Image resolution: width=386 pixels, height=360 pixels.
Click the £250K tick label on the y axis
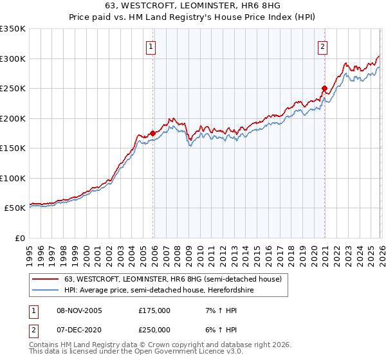tap(13, 88)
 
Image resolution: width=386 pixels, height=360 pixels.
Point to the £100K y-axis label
tap(13, 178)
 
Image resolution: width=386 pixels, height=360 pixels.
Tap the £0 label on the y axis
tap(19, 238)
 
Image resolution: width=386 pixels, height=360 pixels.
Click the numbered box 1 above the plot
tap(151, 46)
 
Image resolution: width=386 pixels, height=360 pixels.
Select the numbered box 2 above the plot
tap(322, 46)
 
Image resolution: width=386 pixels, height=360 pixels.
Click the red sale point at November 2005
tap(152, 133)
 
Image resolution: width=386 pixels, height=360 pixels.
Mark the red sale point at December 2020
tap(324, 88)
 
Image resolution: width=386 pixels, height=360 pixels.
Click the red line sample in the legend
tap(46, 279)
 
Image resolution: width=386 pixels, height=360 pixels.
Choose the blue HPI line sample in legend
tap(46, 290)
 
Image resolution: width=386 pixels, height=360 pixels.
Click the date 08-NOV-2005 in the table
tap(79, 310)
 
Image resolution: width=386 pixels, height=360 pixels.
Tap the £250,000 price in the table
tap(154, 329)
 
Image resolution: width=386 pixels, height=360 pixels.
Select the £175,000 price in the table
tap(154, 310)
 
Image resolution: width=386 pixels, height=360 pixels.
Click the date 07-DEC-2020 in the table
tap(79, 329)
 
